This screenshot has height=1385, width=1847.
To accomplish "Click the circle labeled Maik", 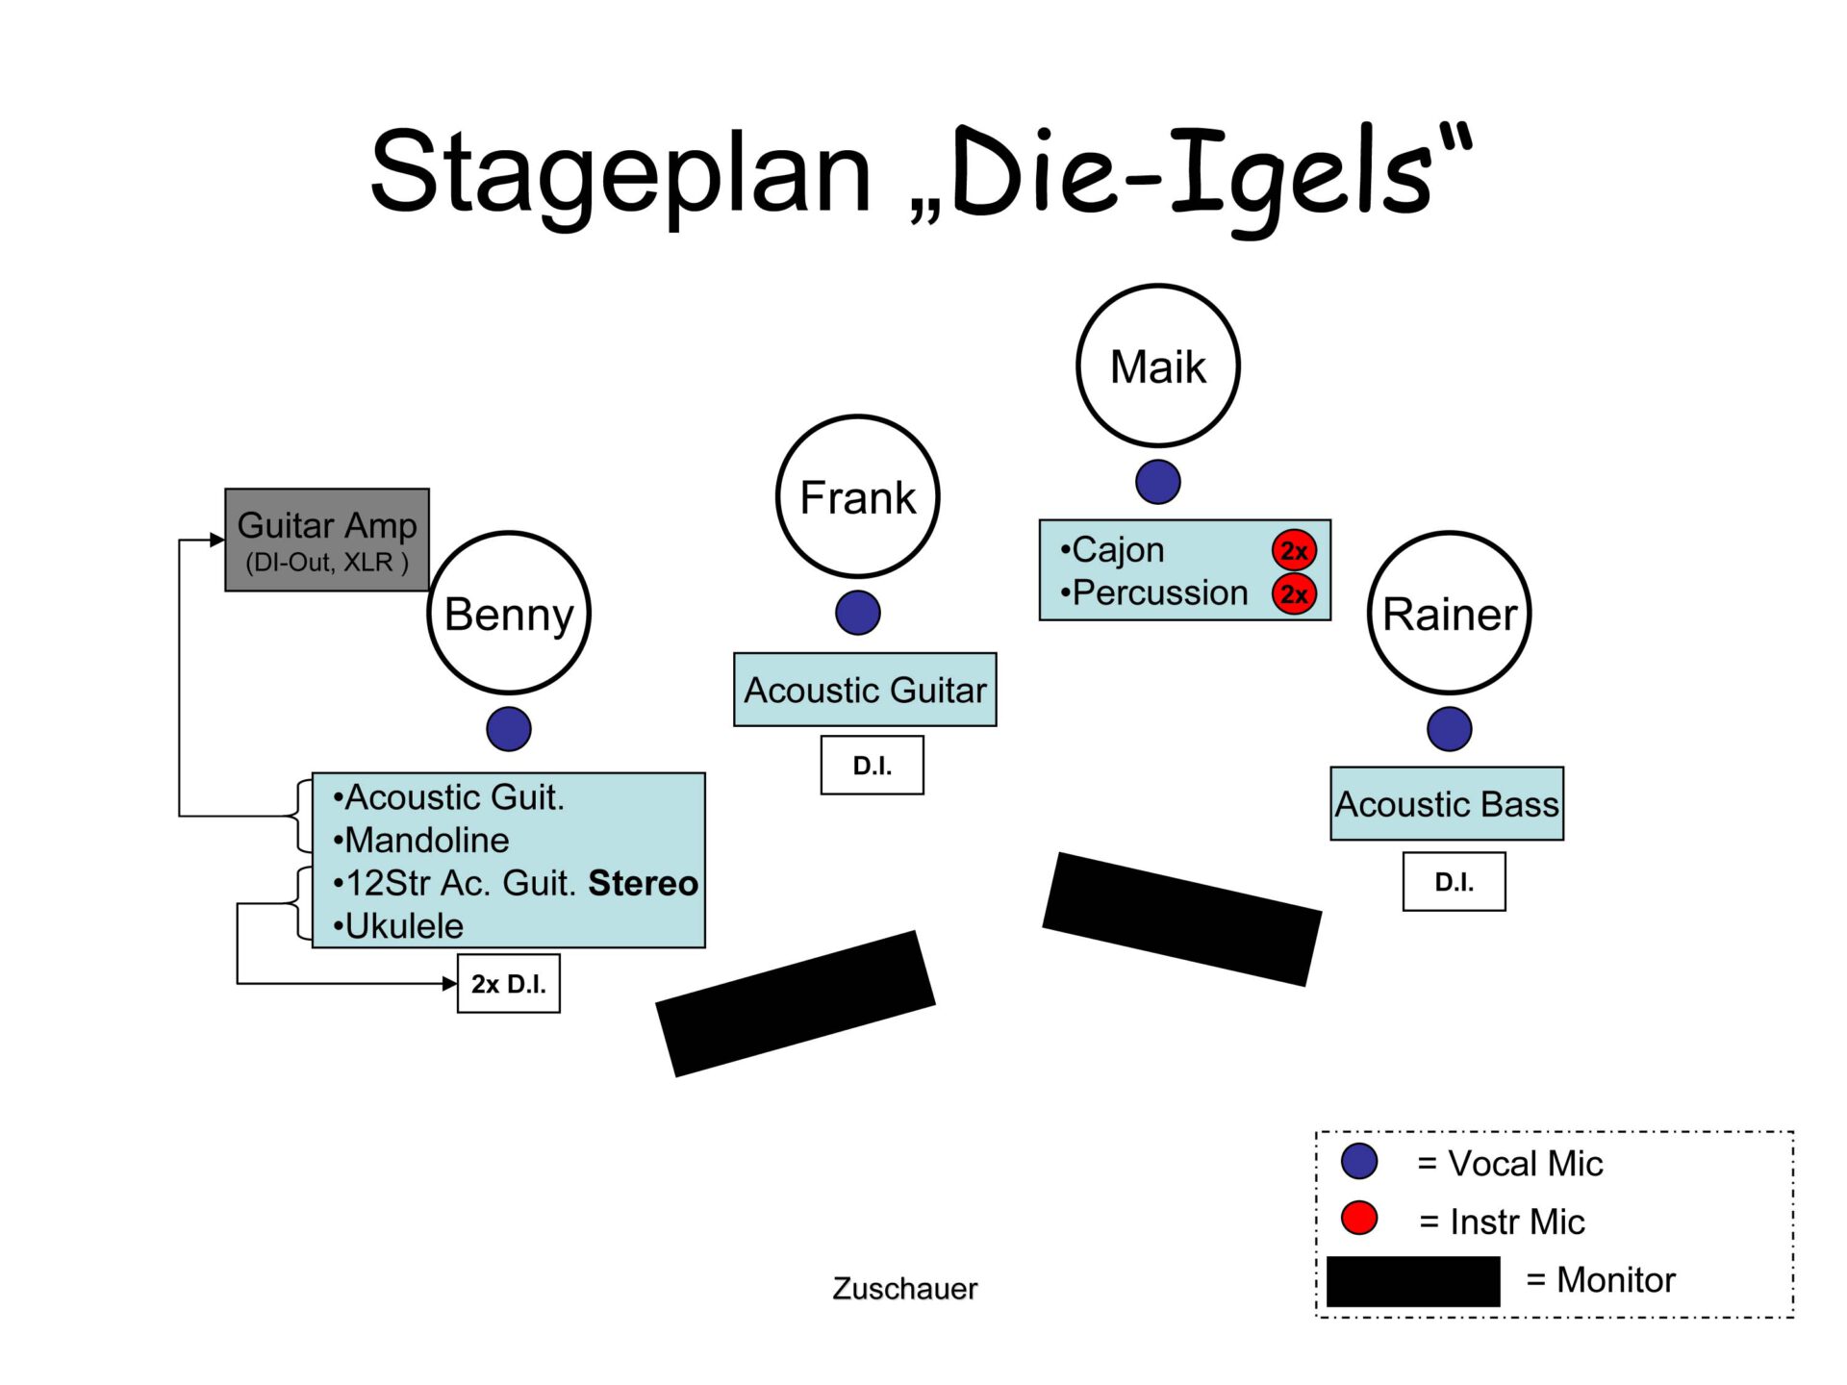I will (1157, 365).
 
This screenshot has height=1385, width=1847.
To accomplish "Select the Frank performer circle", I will (857, 496).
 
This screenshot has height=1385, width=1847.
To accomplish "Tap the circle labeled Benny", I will (509, 613).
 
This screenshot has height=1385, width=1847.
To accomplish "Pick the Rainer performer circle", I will (1449, 613).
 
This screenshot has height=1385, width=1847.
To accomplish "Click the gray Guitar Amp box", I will (327, 540).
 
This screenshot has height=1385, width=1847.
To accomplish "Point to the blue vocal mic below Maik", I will (1157, 482).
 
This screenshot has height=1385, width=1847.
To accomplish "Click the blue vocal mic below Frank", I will (857, 613).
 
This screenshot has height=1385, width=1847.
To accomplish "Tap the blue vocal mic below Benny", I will (509, 728).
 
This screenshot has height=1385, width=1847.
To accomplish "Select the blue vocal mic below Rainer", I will (1449, 728).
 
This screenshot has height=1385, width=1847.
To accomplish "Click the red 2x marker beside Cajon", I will (1294, 550).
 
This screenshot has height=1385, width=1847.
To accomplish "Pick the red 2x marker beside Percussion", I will (1294, 593).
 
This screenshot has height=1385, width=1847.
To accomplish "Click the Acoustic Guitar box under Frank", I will (865, 690).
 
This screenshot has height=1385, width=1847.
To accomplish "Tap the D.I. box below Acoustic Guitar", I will (872, 766).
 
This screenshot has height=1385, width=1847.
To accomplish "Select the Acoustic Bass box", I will (1446, 803).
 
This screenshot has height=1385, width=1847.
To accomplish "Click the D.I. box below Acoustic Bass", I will (1454, 881).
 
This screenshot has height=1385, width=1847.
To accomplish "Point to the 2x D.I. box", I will (508, 983).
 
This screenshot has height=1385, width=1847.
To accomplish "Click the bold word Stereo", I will (643, 883).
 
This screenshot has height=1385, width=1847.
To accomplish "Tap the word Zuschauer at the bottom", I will (904, 1288).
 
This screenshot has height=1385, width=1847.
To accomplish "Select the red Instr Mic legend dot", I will (1358, 1218).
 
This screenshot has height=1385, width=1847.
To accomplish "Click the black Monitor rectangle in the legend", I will (1412, 1281).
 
